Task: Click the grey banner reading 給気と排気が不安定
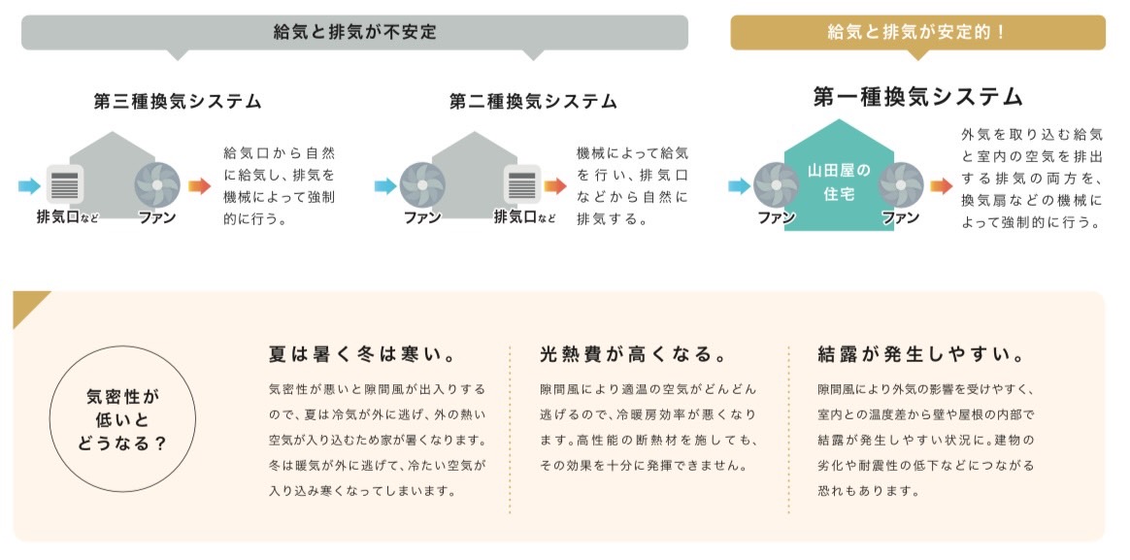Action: click(354, 32)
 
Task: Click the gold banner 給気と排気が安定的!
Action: click(916, 32)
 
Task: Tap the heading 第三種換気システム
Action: click(178, 101)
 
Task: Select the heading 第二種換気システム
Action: click(533, 101)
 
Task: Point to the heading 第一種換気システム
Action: click(917, 97)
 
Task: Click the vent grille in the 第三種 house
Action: click(64, 184)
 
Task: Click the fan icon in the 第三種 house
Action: click(157, 184)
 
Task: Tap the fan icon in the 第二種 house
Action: click(422, 184)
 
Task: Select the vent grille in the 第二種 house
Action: click(521, 184)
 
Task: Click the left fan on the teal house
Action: click(777, 184)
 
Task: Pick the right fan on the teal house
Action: click(900, 184)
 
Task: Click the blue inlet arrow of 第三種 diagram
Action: click(29, 184)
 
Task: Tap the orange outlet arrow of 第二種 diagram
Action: click(555, 184)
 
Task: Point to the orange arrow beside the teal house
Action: click(940, 184)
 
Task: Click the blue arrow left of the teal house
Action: click(740, 184)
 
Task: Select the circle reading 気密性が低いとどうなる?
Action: click(122, 420)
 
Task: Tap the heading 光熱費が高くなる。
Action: click(633, 354)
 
